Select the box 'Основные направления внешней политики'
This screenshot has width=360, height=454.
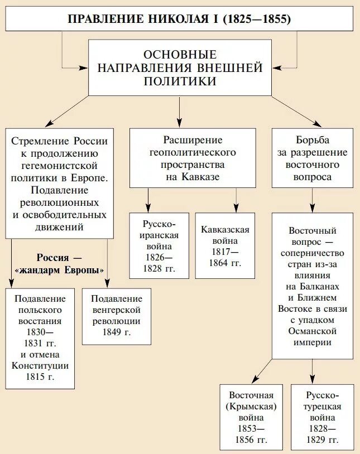click(x=179, y=67)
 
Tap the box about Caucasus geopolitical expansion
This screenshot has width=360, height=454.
click(x=193, y=157)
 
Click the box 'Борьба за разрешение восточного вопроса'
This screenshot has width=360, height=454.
click(x=312, y=157)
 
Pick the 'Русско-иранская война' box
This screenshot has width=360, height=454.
click(x=160, y=245)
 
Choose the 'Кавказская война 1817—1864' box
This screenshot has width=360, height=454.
click(x=225, y=245)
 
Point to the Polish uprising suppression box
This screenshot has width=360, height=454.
click(x=40, y=338)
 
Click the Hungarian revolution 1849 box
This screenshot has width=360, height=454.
click(x=116, y=315)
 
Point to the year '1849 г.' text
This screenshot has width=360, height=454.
click(x=116, y=332)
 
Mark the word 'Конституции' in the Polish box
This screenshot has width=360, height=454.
click(x=40, y=366)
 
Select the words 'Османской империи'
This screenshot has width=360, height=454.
click(x=312, y=336)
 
